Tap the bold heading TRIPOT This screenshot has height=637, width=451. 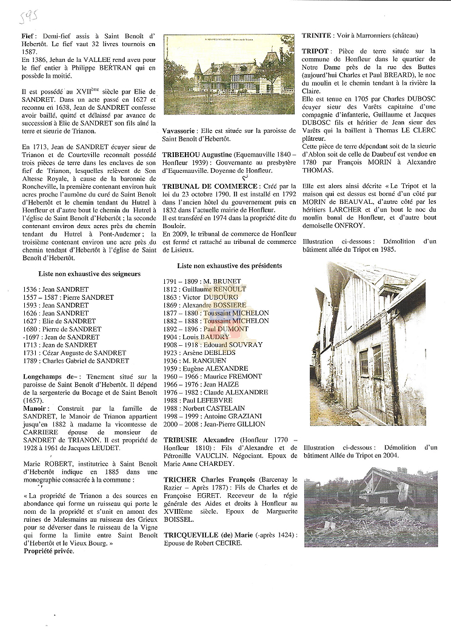pos(315,51)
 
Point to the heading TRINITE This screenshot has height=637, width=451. pos(316,36)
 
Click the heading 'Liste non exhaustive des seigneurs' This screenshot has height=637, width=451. pos(89,274)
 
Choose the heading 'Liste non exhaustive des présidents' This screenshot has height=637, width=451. pos(229,266)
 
